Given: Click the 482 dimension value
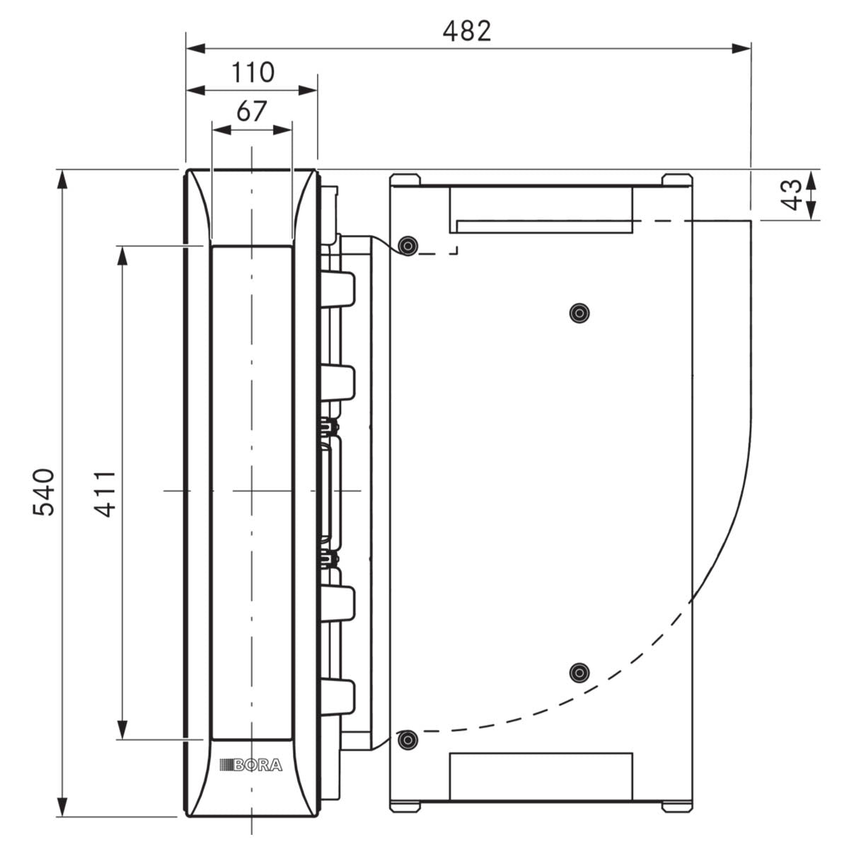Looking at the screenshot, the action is point(466,31).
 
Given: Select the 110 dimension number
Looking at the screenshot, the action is point(253,72).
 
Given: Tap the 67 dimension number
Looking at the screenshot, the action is point(252,111).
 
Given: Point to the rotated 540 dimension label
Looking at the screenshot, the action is point(44,492).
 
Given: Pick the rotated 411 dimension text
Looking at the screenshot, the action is point(105,493).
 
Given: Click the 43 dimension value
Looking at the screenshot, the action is point(791,195).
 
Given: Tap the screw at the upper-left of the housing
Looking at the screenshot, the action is point(408,245).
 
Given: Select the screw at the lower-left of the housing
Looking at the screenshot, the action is point(408,739).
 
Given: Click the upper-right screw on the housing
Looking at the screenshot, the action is point(579,313).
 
